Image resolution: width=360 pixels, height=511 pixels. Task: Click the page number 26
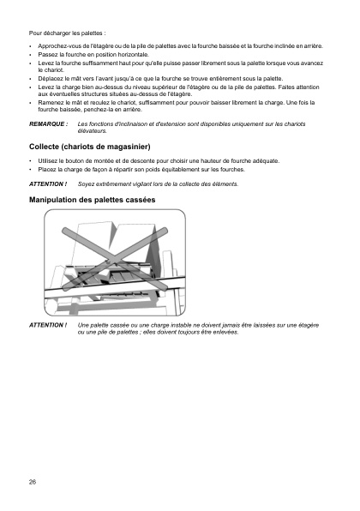click(33, 482)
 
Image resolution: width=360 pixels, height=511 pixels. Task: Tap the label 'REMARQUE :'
click(48, 123)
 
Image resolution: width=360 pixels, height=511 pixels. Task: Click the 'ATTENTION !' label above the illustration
click(48, 184)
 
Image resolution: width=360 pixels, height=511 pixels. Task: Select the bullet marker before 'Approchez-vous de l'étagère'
click(31, 45)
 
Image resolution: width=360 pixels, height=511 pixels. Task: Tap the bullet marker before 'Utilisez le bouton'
click(31, 161)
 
